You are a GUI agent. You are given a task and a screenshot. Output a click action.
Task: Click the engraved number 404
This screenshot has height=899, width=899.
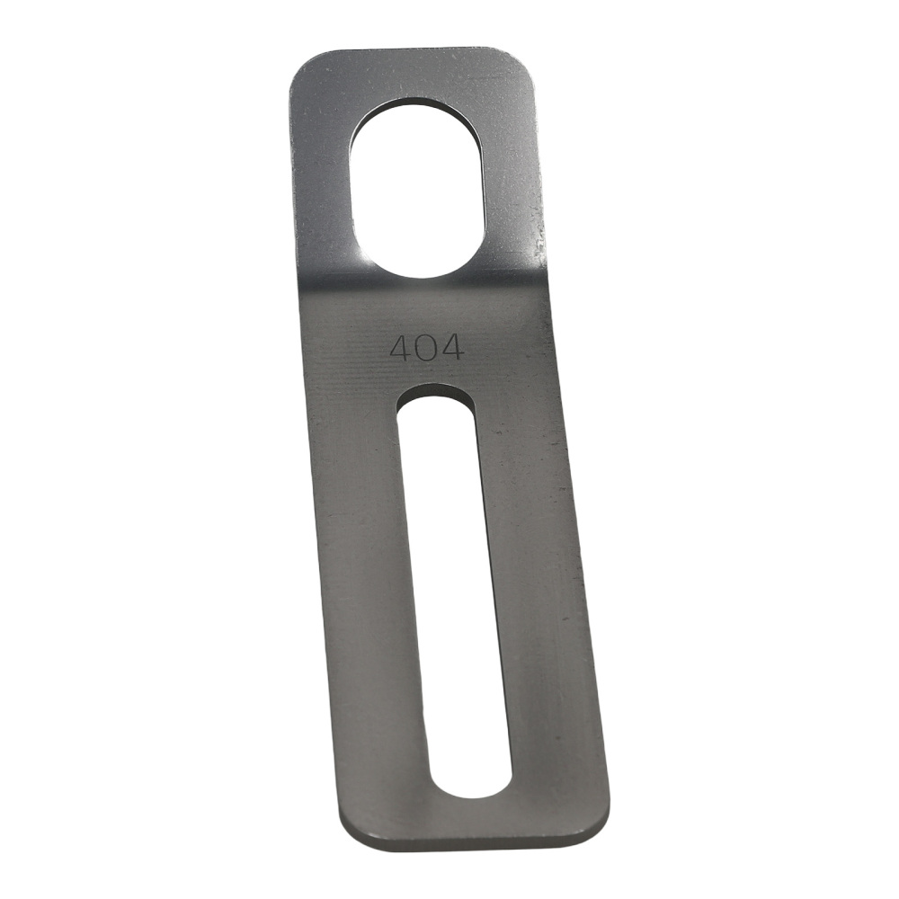click(426, 347)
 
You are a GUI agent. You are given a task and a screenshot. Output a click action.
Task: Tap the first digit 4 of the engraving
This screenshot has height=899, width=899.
click(401, 347)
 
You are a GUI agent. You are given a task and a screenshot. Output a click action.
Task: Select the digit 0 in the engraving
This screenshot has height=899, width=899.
click(426, 348)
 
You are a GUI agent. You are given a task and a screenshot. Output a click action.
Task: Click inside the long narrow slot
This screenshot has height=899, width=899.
click(454, 591)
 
